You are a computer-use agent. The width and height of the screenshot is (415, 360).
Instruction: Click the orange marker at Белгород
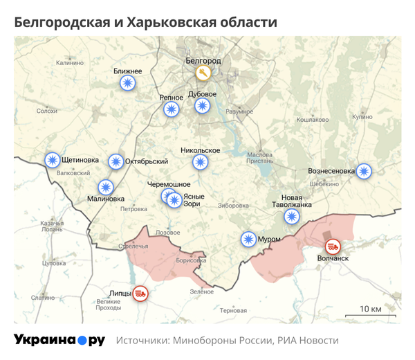click(x=203, y=73)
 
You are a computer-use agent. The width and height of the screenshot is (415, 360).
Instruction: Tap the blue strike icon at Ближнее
click(x=127, y=84)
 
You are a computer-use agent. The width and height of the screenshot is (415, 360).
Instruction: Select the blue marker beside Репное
click(x=171, y=109)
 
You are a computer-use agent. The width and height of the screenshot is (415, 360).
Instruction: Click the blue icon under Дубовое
click(x=202, y=106)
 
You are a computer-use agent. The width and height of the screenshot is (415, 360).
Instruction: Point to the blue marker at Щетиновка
click(x=52, y=160)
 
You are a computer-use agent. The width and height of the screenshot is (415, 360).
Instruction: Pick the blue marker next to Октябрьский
click(x=116, y=161)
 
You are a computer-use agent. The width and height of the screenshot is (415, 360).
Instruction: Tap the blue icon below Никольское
click(x=201, y=162)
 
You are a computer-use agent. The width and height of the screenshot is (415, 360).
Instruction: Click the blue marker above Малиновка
click(x=105, y=186)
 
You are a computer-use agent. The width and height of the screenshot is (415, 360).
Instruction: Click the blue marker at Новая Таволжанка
click(x=292, y=217)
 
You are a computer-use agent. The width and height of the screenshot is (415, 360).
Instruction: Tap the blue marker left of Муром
click(x=248, y=240)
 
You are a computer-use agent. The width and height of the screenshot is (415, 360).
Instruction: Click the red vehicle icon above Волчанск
click(x=333, y=246)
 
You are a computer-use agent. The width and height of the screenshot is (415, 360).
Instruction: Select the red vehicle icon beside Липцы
click(x=140, y=293)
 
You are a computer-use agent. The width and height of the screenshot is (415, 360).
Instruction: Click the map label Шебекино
click(x=324, y=184)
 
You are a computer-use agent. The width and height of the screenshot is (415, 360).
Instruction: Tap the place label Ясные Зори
click(x=193, y=200)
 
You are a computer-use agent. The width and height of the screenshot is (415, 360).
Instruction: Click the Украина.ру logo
click(x=59, y=341)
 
